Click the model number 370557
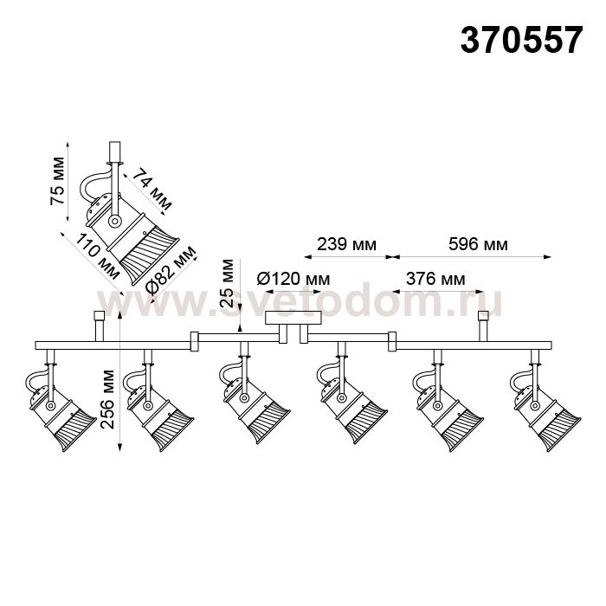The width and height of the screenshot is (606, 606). (521, 40)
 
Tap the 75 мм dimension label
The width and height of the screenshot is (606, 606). (58, 181)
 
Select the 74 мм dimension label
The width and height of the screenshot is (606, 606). (152, 189)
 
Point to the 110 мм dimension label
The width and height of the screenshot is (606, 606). (97, 256)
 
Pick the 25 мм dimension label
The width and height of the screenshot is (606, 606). (227, 283)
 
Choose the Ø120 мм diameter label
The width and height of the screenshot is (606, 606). (293, 278)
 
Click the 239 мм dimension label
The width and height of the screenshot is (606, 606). (346, 244)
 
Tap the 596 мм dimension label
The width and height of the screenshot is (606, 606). (478, 244)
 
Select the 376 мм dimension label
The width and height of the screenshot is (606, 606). (435, 278)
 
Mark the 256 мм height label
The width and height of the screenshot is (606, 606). (107, 399)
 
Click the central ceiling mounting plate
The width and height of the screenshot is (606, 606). (293, 318)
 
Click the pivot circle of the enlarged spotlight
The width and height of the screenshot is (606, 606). (114, 222)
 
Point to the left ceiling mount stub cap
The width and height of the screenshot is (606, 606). (100, 316)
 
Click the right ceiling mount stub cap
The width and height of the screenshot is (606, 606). (483, 316)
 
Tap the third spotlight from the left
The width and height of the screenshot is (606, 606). (252, 393)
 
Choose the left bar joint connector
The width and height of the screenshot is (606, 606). (195, 341)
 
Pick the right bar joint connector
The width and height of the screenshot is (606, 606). (392, 341)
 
